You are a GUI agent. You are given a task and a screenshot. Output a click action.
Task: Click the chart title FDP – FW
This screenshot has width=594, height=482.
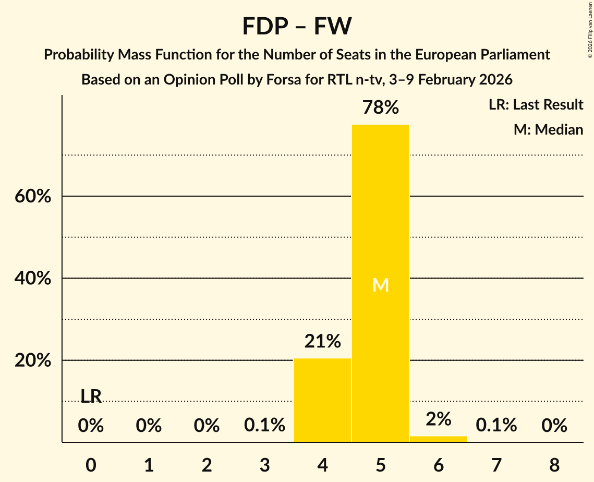pyautogui.click(x=297, y=26)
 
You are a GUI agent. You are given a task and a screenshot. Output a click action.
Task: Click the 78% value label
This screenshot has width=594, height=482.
pyautogui.click(x=380, y=108)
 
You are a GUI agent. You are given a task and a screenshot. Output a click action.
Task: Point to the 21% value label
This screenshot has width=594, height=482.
pyautogui.click(x=322, y=342)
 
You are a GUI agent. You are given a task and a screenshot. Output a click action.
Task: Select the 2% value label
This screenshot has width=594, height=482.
pyautogui.click(x=438, y=419)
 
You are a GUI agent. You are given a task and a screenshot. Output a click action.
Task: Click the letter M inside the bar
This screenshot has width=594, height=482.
pyautogui.click(x=380, y=285)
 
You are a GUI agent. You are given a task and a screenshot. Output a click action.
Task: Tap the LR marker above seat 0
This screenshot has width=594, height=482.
pyautogui.click(x=91, y=396)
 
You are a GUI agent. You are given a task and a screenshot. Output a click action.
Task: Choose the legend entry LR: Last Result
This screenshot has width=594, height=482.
pyautogui.click(x=536, y=105)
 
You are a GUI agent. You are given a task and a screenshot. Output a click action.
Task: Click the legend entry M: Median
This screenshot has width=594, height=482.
pyautogui.click(x=548, y=129)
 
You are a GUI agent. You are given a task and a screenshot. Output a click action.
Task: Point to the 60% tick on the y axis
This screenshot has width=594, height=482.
pyautogui.click(x=33, y=197)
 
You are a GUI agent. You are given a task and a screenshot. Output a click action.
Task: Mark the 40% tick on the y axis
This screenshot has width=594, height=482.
pyautogui.click(x=33, y=279)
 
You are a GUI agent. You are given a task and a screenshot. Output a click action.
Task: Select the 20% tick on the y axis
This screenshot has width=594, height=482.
pyautogui.click(x=33, y=361)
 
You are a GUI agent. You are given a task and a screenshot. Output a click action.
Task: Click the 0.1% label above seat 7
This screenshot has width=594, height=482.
pyautogui.click(x=496, y=426)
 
